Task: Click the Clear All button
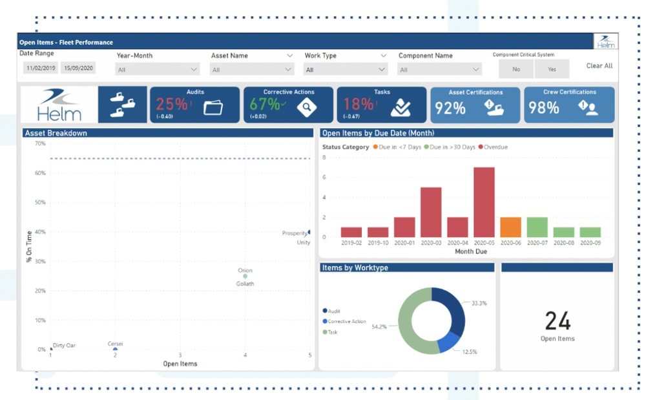pyautogui.click(x=599, y=66)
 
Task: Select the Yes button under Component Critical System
pyautogui.click(x=552, y=69)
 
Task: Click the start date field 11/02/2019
pyautogui.click(x=40, y=68)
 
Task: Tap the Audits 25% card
pyautogui.click(x=194, y=105)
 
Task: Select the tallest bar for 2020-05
pyautogui.click(x=484, y=202)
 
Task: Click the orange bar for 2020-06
pyautogui.click(x=510, y=227)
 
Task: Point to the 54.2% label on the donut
pyautogui.click(x=379, y=327)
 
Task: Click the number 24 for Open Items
pyautogui.click(x=557, y=321)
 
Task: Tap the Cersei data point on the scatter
pyautogui.click(x=115, y=350)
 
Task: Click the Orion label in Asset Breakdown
pyautogui.click(x=245, y=271)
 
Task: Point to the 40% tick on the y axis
pyautogui.click(x=40, y=232)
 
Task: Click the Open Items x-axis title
pyautogui.click(x=180, y=364)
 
